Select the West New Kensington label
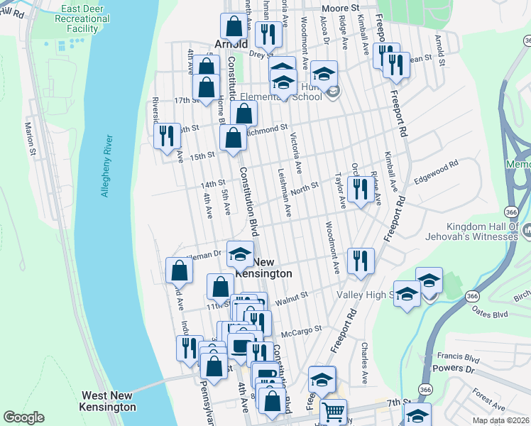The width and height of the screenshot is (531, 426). [109, 401]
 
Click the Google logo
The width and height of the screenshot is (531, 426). [23, 417]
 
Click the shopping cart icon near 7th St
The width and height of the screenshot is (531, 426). [333, 411]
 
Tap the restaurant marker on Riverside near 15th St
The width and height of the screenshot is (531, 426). [167, 134]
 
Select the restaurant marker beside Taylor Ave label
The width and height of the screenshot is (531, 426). [361, 189]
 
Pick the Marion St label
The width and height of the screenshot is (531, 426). [31, 138]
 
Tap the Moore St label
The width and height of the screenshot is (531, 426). [338, 8]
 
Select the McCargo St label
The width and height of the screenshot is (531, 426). [302, 329]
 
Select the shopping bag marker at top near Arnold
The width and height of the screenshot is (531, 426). [234, 26]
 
